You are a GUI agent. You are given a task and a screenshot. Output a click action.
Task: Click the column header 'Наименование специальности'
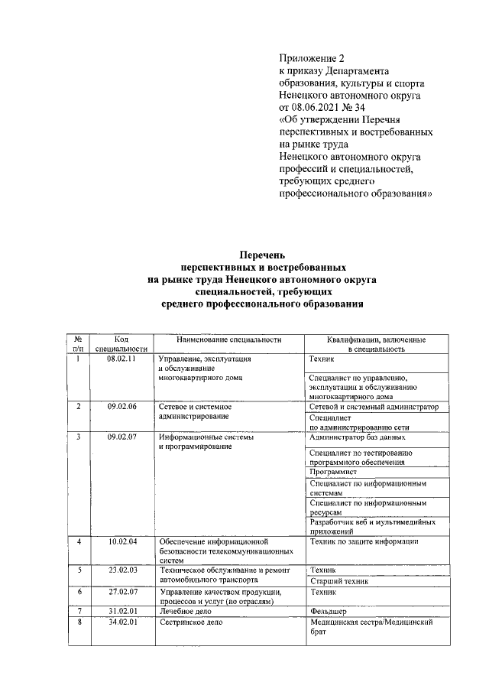click(x=228, y=340)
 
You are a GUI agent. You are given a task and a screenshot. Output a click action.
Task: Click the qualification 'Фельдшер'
click(x=329, y=612)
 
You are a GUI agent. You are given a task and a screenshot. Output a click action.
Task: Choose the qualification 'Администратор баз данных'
click(x=358, y=437)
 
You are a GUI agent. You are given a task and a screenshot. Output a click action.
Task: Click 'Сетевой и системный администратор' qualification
click(x=374, y=408)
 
